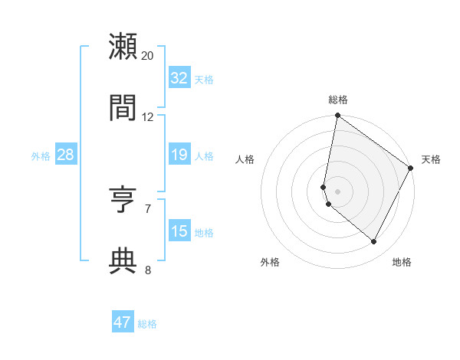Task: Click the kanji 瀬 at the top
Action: click(123, 47)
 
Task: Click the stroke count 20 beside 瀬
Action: click(148, 55)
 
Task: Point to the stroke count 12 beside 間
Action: click(148, 116)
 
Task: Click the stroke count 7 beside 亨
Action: click(148, 208)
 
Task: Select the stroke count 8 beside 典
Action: click(148, 269)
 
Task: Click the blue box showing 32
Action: click(179, 78)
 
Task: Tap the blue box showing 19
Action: click(179, 155)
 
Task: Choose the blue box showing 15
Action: click(179, 231)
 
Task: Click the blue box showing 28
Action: click(66, 155)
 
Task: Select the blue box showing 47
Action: click(123, 322)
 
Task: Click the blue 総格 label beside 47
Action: click(148, 324)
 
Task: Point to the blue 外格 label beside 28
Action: click(41, 156)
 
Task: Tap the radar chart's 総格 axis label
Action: click(338, 100)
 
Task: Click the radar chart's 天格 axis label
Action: click(431, 159)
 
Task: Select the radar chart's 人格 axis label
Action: click(245, 159)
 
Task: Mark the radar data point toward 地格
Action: click(374, 242)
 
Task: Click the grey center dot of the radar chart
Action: click(338, 191)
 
